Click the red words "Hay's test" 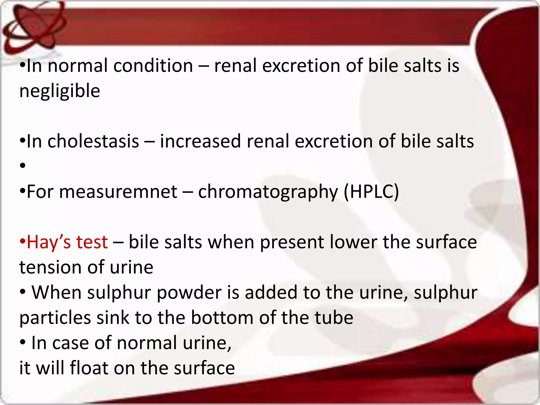point(67,242)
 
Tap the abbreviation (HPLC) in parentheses point(371,192)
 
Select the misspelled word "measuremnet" point(118,192)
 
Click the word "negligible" point(60,91)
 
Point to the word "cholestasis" point(93,141)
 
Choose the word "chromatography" point(268,192)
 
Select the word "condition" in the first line point(153,66)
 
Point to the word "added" point(271,293)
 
